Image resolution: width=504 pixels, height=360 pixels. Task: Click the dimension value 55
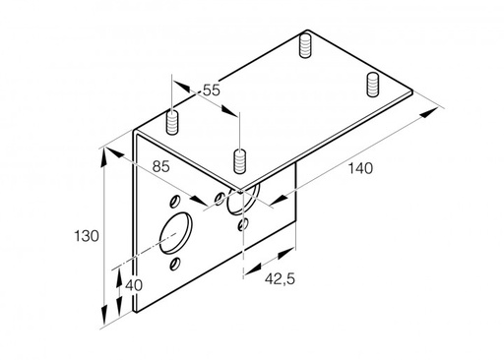(211, 90)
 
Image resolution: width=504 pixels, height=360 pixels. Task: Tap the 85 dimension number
(160, 166)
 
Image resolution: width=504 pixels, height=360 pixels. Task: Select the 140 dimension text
(360, 168)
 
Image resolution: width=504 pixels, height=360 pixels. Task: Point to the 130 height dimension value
(87, 236)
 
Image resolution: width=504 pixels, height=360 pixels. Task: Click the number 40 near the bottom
(134, 285)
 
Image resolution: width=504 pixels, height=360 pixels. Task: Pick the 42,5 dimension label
(280, 279)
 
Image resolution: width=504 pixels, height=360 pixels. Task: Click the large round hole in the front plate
(176, 233)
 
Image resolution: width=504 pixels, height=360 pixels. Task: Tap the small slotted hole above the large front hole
(174, 201)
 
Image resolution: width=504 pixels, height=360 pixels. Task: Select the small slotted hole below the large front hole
(175, 264)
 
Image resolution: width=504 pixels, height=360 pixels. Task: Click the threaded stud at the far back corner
(305, 45)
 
